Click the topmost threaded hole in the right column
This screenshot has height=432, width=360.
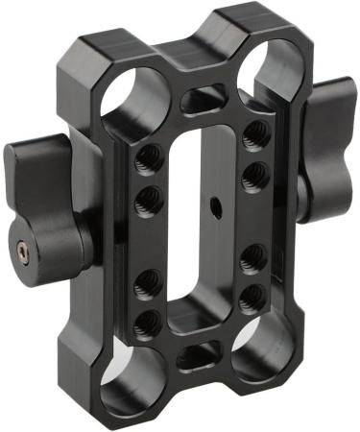tap(254, 133)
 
